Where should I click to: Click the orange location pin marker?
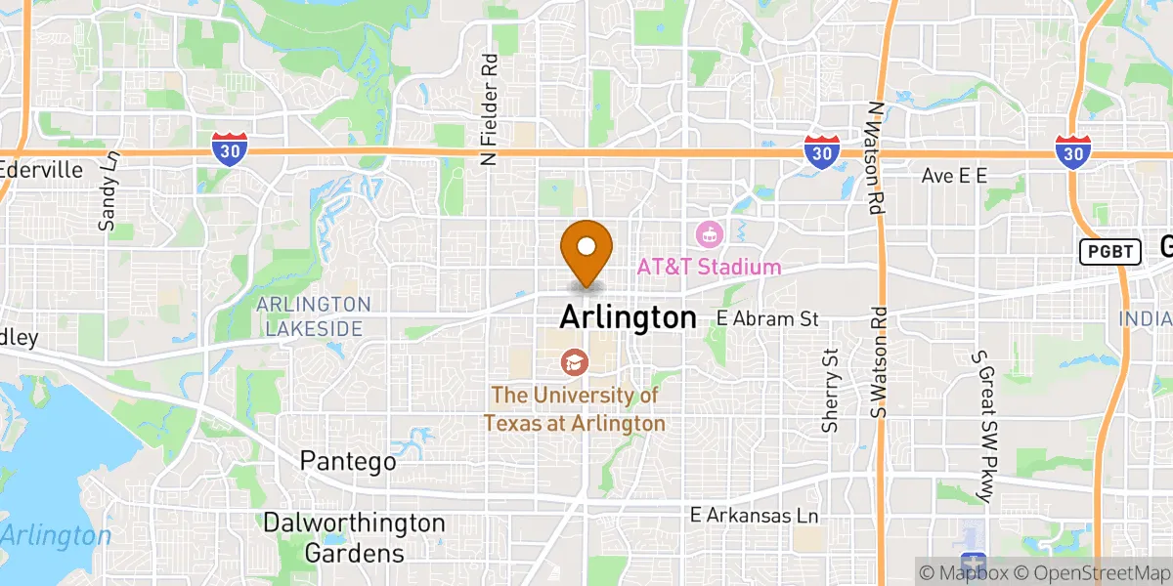click(x=586, y=248)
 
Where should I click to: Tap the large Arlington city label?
click(x=628, y=317)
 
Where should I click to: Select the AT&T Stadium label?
click(x=709, y=267)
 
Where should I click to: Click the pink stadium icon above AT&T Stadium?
click(x=709, y=234)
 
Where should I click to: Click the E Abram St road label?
click(x=766, y=318)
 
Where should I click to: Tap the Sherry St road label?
click(x=831, y=391)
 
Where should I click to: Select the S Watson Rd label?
click(x=881, y=363)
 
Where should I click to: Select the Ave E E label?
click(x=956, y=176)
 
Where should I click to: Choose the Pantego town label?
click(x=348, y=461)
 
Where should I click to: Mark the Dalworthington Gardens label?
click(x=354, y=538)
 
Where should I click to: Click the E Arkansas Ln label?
click(x=754, y=515)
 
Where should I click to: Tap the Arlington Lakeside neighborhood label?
click(x=313, y=317)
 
